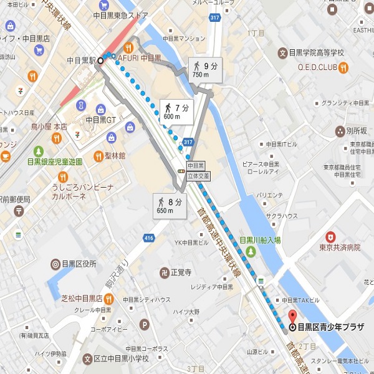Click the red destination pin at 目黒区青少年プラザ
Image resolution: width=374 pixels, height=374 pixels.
[292, 314]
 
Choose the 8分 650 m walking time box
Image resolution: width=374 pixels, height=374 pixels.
[169, 205]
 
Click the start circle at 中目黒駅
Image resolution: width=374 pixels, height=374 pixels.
[100, 60]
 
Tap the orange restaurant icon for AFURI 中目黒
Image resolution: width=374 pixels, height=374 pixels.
[130, 47]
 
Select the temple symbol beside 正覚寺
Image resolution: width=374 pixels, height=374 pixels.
[164, 272]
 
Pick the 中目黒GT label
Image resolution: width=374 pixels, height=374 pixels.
[101, 120]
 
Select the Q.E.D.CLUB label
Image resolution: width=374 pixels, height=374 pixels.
[317, 67]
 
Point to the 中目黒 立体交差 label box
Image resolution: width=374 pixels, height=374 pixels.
[196, 171]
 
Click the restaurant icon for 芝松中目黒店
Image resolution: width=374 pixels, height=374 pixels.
[110, 299]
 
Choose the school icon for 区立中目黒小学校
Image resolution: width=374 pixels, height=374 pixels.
[87, 358]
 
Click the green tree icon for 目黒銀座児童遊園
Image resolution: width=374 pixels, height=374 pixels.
[39, 151]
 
